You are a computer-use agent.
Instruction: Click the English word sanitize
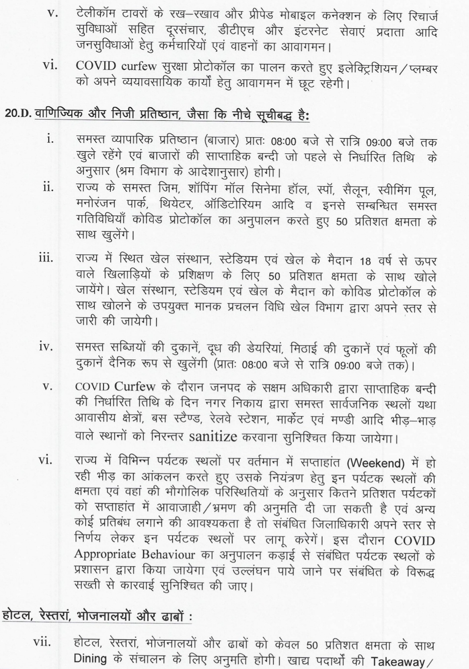pos(213,436)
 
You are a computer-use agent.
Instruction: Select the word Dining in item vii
pos(90,658)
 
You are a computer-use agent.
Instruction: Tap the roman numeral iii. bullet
pos(45,258)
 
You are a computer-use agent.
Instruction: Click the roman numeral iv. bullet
pos(45,347)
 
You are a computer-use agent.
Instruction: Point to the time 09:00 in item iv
pos(347,366)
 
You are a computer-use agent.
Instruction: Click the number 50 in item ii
pos(342,222)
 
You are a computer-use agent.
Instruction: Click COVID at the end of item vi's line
pos(414,541)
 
